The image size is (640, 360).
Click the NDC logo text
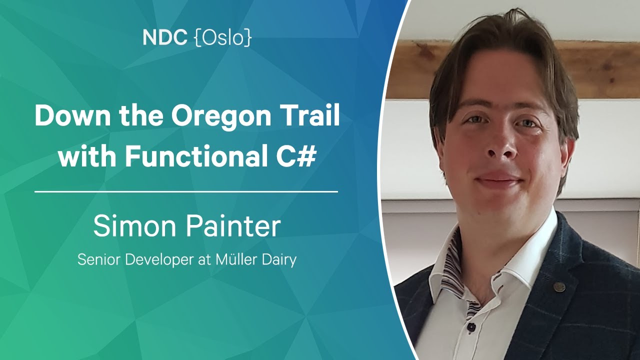[x=165, y=37]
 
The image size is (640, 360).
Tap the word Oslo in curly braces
[x=223, y=37]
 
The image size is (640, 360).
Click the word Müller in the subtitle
[x=232, y=259]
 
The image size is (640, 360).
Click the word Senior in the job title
[x=99, y=259]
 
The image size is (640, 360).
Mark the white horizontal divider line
[x=186, y=192]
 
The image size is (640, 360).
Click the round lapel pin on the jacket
[x=559, y=287]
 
